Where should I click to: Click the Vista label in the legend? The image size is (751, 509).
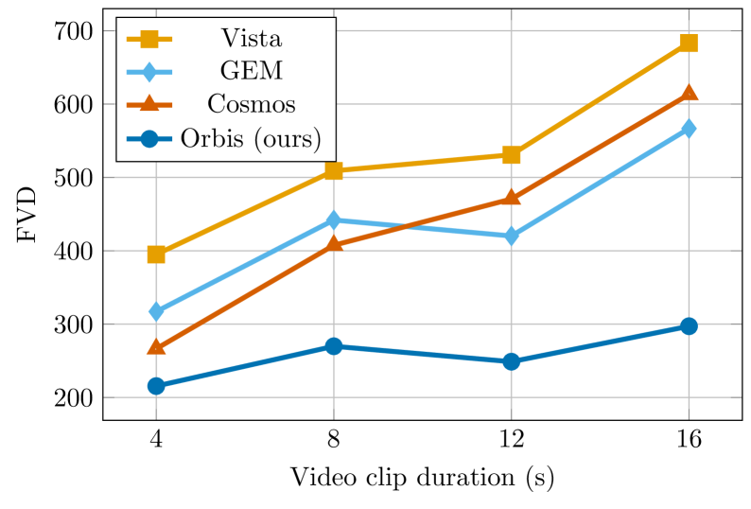click(251, 39)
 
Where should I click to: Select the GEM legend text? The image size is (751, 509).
click(251, 72)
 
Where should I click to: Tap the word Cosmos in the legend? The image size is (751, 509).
click(251, 105)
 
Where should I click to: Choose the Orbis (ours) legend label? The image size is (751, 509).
click(251, 139)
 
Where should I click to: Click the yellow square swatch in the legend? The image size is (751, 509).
click(149, 39)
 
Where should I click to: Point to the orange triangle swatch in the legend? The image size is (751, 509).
click(149, 104)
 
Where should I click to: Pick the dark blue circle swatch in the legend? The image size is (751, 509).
click(149, 139)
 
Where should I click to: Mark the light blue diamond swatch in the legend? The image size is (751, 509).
click(149, 72)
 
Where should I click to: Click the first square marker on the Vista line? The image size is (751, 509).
click(157, 254)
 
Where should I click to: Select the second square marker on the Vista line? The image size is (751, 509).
click(334, 171)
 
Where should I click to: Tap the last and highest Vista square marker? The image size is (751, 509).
click(689, 44)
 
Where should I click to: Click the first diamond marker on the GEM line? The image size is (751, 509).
click(157, 311)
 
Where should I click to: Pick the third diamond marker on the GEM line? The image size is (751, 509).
click(511, 236)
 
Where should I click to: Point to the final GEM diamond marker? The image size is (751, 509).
click(689, 129)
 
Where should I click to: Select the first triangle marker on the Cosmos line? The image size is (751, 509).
click(157, 347)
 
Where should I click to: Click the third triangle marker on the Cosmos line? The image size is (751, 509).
click(511, 198)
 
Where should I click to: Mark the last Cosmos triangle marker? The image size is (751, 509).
click(689, 93)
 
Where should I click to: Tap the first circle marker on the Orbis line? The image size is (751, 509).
click(157, 386)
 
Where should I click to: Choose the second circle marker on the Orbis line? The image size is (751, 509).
click(334, 346)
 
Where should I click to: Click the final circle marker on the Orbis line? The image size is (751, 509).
click(689, 326)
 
